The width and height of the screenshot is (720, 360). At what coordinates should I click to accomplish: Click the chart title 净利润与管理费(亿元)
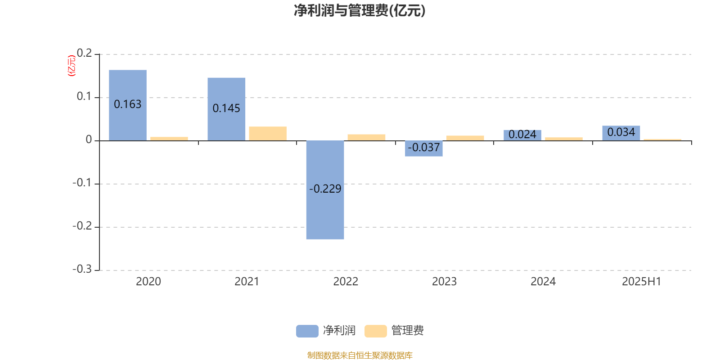[360, 10]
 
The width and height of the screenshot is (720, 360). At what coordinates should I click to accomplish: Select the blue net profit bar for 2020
[128, 105]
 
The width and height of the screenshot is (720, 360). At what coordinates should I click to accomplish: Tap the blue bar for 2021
[226, 109]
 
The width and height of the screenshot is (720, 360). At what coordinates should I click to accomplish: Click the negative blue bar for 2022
[325, 190]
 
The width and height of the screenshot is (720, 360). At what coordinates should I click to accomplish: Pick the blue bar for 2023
[423, 148]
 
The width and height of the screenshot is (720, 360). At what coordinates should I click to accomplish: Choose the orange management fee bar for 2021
[268, 134]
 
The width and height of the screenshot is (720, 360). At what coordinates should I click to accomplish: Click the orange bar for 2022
[366, 138]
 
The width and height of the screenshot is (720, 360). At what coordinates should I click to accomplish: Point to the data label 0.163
[128, 104]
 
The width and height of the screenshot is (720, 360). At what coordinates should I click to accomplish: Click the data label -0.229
[325, 189]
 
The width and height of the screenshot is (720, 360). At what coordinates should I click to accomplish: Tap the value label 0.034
[621, 132]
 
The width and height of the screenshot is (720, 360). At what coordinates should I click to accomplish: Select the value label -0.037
[423, 148]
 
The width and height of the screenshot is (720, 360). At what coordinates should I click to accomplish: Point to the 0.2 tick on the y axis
[84, 54]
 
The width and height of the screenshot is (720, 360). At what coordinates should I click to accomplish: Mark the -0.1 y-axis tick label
[82, 183]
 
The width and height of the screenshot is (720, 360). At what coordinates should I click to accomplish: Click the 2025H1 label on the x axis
[642, 282]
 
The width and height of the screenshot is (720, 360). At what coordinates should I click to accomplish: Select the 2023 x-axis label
[444, 282]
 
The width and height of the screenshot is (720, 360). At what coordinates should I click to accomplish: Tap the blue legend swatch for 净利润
[307, 331]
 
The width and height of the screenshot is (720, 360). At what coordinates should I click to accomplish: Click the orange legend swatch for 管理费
[375, 331]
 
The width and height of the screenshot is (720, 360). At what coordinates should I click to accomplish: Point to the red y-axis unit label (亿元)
[72, 66]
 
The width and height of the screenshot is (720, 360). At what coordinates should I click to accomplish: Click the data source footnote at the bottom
[360, 355]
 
